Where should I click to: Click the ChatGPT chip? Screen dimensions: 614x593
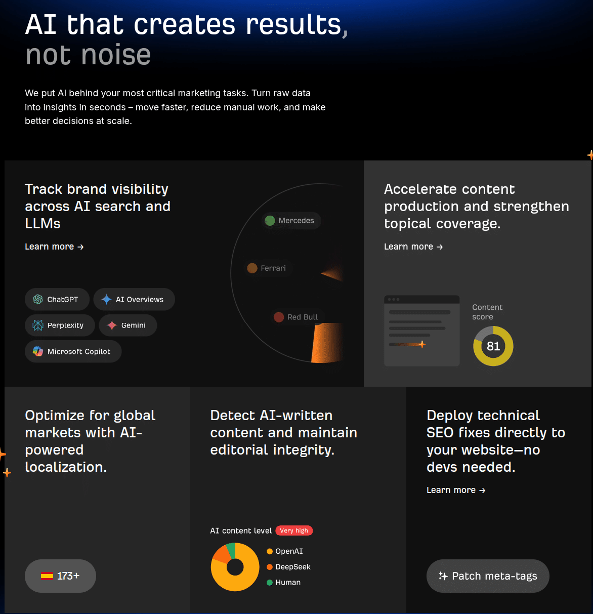[57, 300]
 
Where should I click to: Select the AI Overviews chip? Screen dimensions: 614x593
[134, 300]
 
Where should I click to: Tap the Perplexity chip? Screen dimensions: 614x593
[60, 325]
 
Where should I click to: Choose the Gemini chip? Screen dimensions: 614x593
[128, 325]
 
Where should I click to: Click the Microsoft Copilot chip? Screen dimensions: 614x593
[73, 352]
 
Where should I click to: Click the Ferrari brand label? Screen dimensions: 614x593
[267, 268]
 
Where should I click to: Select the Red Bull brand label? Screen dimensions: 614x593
[296, 317]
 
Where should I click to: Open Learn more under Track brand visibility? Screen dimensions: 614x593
[54, 247]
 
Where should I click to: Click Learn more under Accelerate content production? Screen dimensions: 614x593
[413, 247]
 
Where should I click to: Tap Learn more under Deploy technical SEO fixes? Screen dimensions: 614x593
[456, 490]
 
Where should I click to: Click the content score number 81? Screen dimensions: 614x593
[493, 346]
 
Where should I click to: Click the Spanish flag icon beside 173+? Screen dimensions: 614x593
[47, 576]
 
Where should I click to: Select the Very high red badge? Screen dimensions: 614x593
[294, 530]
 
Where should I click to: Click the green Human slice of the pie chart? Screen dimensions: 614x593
[231, 548]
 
